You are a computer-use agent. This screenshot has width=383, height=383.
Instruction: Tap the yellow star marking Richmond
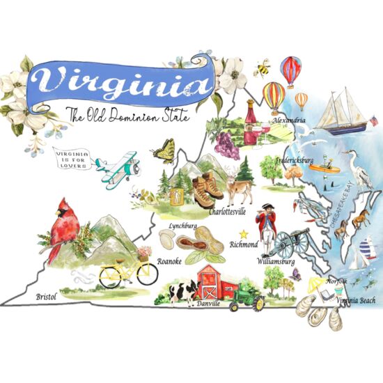click(x=244, y=234)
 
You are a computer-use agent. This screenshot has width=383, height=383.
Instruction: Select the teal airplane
click(x=116, y=167)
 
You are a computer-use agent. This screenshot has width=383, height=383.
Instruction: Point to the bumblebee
click(x=264, y=68)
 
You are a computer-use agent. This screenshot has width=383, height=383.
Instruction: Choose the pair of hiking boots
click(x=207, y=189)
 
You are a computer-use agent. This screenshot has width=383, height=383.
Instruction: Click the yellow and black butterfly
click(x=166, y=150)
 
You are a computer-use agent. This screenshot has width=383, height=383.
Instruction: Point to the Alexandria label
click(x=290, y=120)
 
